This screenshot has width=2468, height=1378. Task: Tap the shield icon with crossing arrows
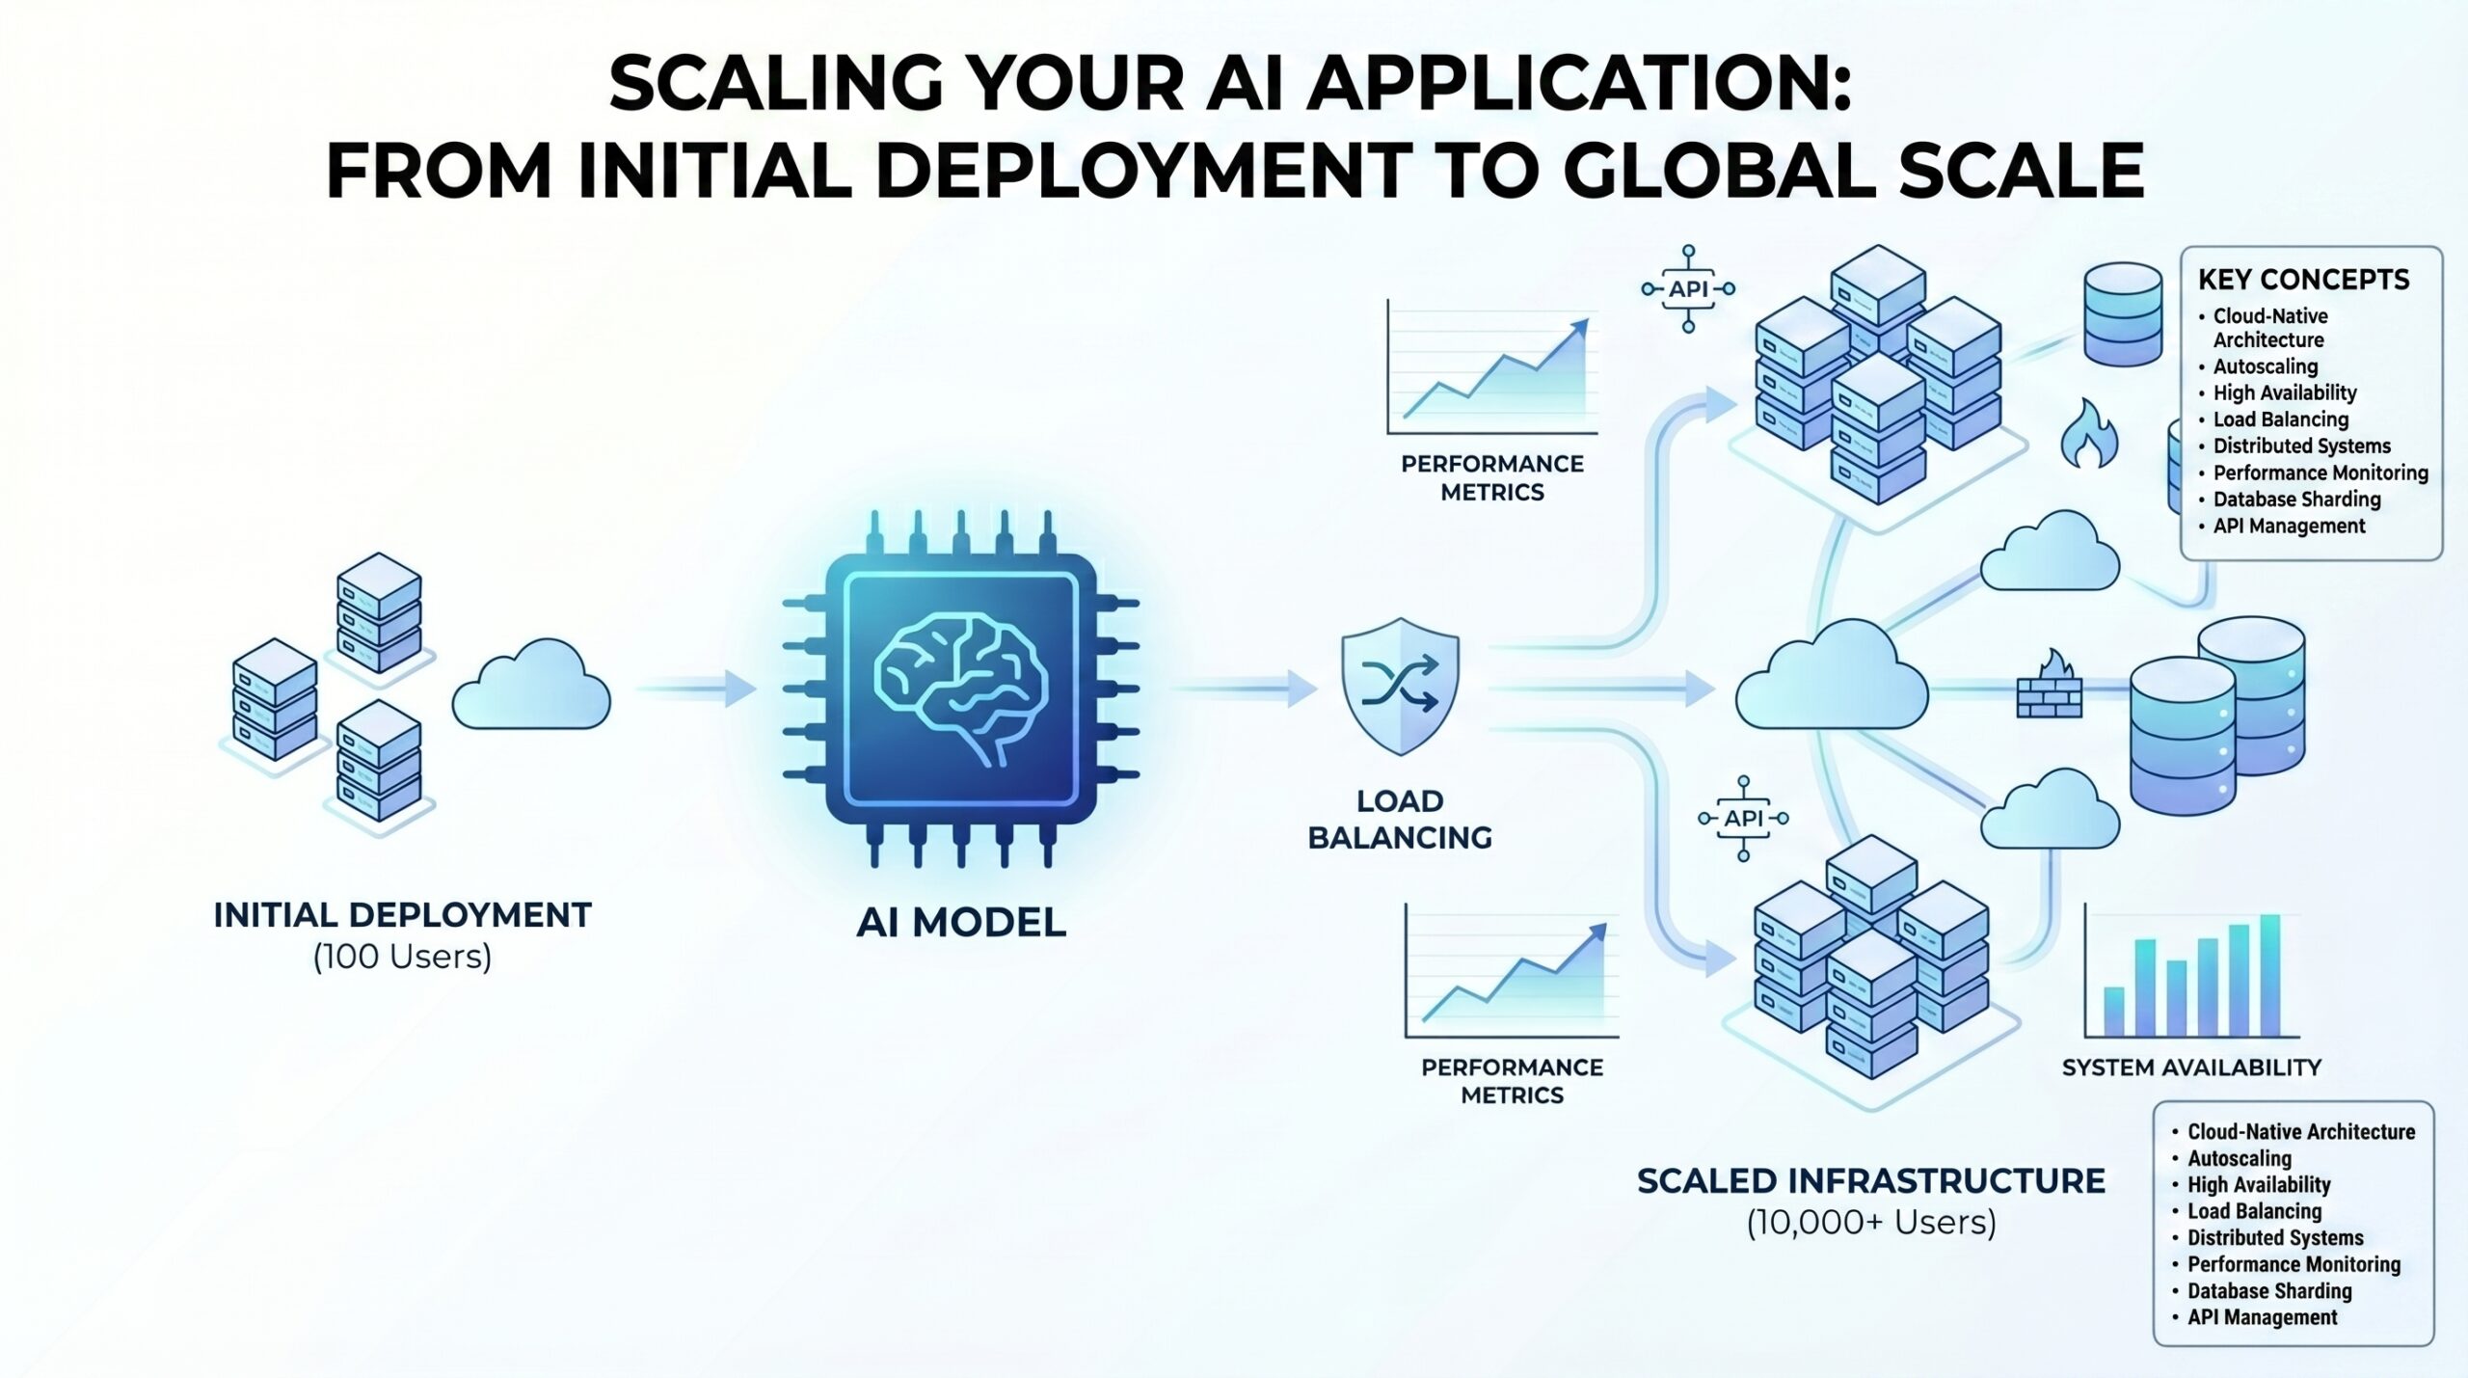(1400, 687)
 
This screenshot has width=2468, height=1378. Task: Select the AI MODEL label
(961, 923)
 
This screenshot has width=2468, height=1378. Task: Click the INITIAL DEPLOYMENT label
(402, 915)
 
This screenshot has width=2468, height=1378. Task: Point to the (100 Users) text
(402, 957)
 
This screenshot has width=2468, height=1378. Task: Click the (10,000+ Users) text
(1870, 1223)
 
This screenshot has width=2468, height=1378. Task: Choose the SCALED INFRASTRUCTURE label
(1870, 1181)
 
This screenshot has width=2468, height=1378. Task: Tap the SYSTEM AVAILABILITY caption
(2191, 1067)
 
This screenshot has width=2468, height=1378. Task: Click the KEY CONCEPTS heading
(2303, 280)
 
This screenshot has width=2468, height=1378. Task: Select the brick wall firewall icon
(2050, 696)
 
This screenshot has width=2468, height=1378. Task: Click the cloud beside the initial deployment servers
(531, 686)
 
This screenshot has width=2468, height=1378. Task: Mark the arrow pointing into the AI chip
(696, 689)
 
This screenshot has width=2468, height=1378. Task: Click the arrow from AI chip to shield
(1244, 689)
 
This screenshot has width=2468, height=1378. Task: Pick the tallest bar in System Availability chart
(2270, 975)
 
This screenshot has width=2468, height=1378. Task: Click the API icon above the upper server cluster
(1688, 288)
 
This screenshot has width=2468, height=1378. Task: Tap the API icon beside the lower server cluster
(1743, 819)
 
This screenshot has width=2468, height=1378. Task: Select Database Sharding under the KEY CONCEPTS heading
(2296, 500)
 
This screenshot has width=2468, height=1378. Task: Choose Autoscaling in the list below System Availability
(2239, 1158)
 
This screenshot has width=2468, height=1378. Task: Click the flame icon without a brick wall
(2088, 436)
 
